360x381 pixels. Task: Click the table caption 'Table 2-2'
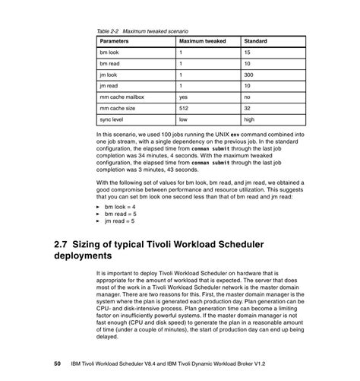click(111, 30)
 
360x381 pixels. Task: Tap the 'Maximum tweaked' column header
click(203, 40)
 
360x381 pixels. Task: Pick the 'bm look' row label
click(110, 52)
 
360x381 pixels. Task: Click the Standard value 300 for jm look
click(248, 75)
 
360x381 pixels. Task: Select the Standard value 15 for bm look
click(247, 52)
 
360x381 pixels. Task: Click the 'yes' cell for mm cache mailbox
click(183, 97)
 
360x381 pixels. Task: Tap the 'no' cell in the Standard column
click(247, 97)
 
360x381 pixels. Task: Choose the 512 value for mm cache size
click(184, 109)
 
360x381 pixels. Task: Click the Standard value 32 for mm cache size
click(247, 109)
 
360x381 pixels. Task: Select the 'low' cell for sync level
click(183, 120)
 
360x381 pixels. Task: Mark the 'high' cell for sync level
click(249, 120)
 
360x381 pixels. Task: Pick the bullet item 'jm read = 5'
click(120, 221)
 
